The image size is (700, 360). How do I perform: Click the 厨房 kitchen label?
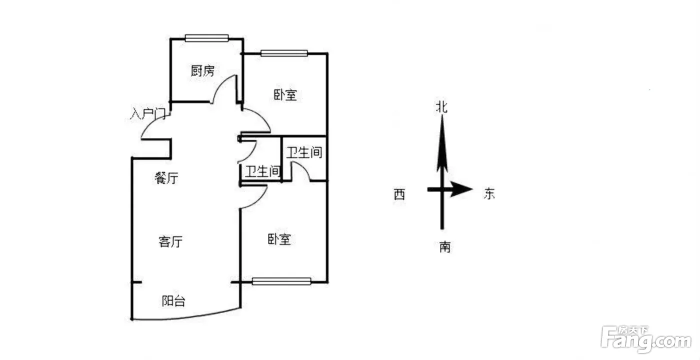pyautogui.click(x=202, y=71)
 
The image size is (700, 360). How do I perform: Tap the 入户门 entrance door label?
pyautogui.click(x=147, y=114)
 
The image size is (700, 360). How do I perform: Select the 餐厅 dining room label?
pyautogui.click(x=167, y=178)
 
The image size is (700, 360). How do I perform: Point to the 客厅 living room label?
pyautogui.click(x=170, y=242)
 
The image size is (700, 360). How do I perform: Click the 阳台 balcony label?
pyautogui.click(x=173, y=301)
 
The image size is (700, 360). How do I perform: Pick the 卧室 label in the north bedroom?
pyautogui.click(x=285, y=94)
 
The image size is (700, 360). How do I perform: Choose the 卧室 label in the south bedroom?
pyautogui.click(x=279, y=239)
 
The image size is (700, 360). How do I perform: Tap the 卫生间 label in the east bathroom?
pyautogui.click(x=303, y=152)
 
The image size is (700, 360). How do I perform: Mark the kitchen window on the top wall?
pyautogui.click(x=206, y=37)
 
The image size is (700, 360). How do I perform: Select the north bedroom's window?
pyautogui.click(x=283, y=52)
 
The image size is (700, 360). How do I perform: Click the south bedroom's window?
pyautogui.click(x=281, y=281)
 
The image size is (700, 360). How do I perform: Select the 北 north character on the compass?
pyautogui.click(x=442, y=107)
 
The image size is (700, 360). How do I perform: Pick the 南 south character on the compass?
pyautogui.click(x=444, y=246)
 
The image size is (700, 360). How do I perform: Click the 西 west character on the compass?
pyautogui.click(x=399, y=194)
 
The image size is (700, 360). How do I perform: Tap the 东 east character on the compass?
pyautogui.click(x=489, y=194)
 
